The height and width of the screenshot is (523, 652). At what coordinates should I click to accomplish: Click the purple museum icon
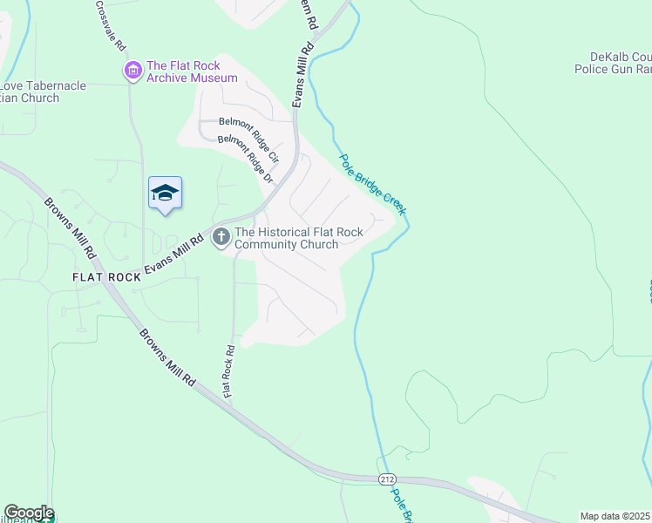[133, 71]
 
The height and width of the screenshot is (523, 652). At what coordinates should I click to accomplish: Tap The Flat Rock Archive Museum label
[192, 71]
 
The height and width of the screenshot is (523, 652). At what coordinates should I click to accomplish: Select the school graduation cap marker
[165, 193]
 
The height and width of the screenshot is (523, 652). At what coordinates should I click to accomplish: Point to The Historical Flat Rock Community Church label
[286, 238]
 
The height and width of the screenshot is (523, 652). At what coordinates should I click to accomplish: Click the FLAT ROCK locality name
[107, 276]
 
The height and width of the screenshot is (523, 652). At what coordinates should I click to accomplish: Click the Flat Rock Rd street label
[229, 371]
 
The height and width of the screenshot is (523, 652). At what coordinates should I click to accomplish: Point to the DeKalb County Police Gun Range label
[614, 62]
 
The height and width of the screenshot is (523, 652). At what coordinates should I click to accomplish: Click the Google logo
[28, 513]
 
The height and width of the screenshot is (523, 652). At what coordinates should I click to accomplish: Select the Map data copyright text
[615, 516]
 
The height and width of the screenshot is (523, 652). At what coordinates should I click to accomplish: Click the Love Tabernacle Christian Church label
[31, 92]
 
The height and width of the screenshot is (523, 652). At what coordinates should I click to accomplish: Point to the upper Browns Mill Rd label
[71, 228]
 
